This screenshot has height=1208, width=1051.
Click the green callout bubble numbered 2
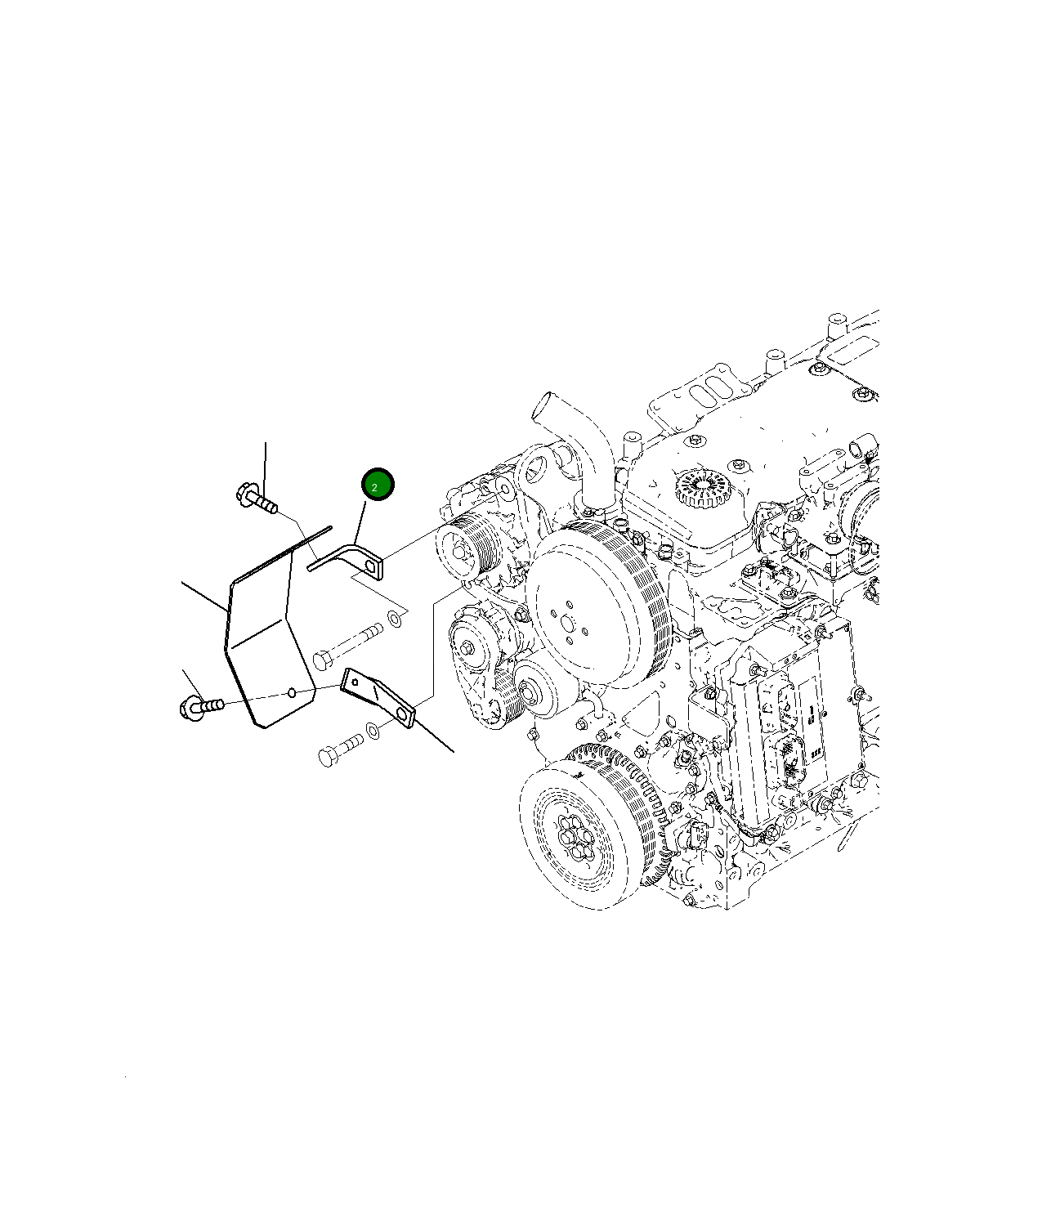[378, 484]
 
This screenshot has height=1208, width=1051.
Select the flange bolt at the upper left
[257, 498]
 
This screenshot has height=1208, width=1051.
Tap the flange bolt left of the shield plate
[201, 705]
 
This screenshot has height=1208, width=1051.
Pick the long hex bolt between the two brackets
[347, 647]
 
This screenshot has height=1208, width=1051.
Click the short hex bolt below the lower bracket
[340, 748]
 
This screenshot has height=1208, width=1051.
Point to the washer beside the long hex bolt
[395, 620]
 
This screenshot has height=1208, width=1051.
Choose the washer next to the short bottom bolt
[373, 730]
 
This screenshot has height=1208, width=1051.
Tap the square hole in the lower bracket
[354, 682]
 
